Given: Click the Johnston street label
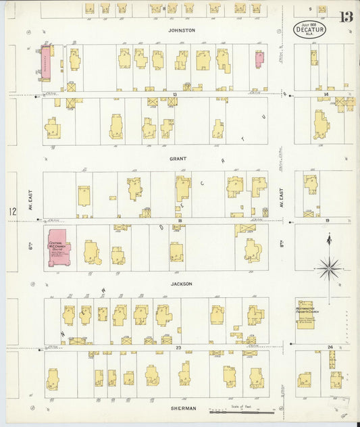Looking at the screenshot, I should click(x=182, y=30).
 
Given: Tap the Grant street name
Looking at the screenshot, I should click(x=178, y=159).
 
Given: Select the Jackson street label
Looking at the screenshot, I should click(x=181, y=284).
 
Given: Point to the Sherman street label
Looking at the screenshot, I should click(x=183, y=408).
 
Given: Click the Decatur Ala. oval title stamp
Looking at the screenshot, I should click(x=310, y=29).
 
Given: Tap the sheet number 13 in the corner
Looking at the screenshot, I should click(x=346, y=17).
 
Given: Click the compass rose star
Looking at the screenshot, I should click(x=329, y=268).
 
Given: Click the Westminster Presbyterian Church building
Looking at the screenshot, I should click(x=309, y=314).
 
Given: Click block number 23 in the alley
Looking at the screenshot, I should click(x=178, y=347).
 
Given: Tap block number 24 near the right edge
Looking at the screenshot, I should click(x=329, y=347).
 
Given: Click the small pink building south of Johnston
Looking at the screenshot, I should click(x=259, y=59).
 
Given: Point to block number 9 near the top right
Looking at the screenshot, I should click(x=310, y=8).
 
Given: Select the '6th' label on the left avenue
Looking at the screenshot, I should click(x=31, y=247).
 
